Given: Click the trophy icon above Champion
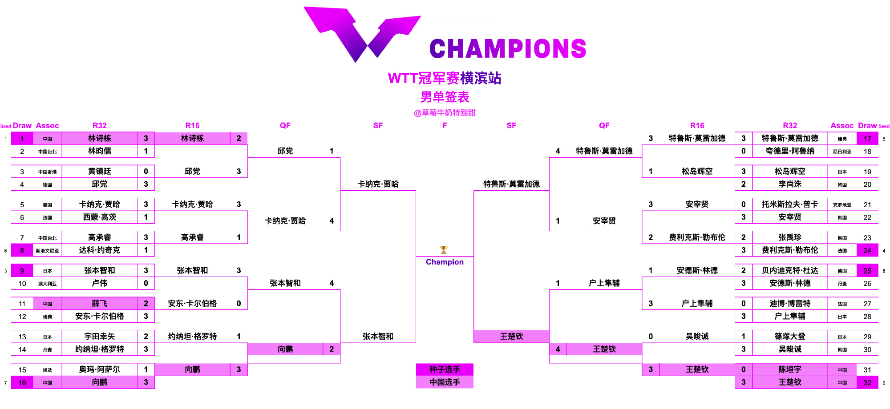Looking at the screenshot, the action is pyautogui.click(x=444, y=249).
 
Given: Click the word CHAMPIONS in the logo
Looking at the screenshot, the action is pyautogui.click(x=508, y=48).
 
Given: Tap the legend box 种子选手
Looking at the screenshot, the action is pyautogui.click(x=445, y=369).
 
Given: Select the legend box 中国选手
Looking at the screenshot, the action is pyautogui.click(x=445, y=382).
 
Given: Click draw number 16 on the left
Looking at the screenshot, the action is pyautogui.click(x=22, y=382).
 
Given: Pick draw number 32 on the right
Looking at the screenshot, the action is pyautogui.click(x=867, y=382).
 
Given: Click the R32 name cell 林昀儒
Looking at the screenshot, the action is pyautogui.click(x=100, y=151).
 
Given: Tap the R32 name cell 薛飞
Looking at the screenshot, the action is pyautogui.click(x=100, y=304).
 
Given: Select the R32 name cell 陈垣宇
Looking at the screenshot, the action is pyautogui.click(x=790, y=369).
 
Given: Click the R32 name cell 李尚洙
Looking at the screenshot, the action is pyautogui.click(x=790, y=184).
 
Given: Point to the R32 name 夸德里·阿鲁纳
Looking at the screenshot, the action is pyautogui.click(x=790, y=151).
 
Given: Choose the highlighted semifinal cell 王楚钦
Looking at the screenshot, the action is pyautogui.click(x=511, y=337).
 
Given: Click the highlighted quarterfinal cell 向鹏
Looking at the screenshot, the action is pyautogui.click(x=285, y=349).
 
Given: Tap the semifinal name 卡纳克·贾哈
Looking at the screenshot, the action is pyautogui.click(x=378, y=184).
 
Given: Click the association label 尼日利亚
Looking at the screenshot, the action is pyautogui.click(x=842, y=152).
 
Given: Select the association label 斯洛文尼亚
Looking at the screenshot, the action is pyautogui.click(x=47, y=251).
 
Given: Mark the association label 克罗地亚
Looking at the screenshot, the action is pyautogui.click(x=842, y=205).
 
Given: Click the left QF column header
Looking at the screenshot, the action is pyautogui.click(x=285, y=125).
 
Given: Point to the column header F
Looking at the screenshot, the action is pyautogui.click(x=445, y=125).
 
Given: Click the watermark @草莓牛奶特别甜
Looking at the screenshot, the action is pyautogui.click(x=445, y=113).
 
